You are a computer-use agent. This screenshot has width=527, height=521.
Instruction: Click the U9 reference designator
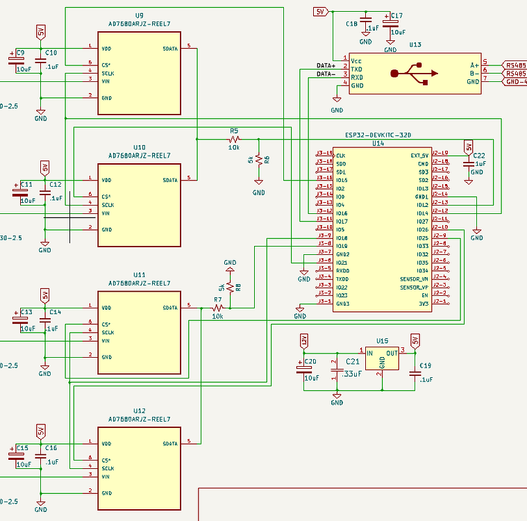[139, 15]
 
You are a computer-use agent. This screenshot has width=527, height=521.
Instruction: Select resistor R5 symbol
[234, 139]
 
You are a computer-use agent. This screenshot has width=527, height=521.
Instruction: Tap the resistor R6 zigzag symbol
[258, 159]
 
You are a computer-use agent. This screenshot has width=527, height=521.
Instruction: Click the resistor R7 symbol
[217, 308]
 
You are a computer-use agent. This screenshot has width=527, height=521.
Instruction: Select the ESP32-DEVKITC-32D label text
[378, 135]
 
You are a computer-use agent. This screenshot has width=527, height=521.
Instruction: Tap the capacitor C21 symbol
[337, 373]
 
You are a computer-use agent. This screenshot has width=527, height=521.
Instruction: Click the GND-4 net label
[515, 81]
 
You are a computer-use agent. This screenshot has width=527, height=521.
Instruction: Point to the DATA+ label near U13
[326, 65]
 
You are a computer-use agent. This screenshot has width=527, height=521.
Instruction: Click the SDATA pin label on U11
[170, 308]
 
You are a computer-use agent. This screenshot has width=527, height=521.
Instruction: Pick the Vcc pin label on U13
[356, 60]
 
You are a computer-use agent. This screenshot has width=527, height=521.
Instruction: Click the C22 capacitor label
[479, 156]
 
